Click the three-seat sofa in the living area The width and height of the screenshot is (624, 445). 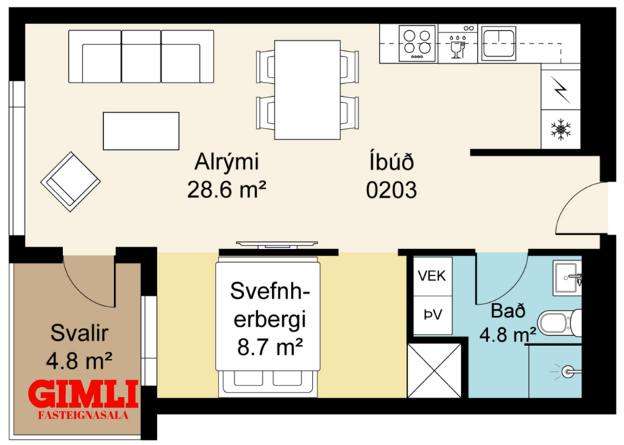141,57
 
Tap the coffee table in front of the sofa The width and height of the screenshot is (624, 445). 140,131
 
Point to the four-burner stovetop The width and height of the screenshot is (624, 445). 417,42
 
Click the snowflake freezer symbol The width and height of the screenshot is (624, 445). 560,129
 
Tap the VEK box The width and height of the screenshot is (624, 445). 431,275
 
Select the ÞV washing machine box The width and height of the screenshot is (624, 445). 431,314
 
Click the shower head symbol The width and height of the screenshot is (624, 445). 570,370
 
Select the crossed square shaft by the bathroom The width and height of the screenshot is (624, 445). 434,370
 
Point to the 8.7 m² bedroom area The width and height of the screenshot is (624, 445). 269,348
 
